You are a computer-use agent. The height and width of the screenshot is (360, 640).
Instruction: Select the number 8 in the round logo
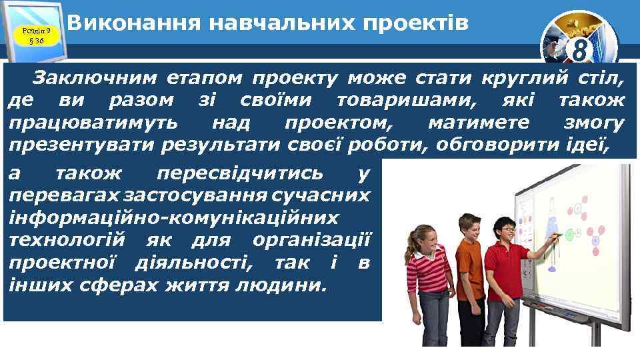tap(579, 51)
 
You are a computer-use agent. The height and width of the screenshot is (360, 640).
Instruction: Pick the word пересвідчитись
tap(241, 173)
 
